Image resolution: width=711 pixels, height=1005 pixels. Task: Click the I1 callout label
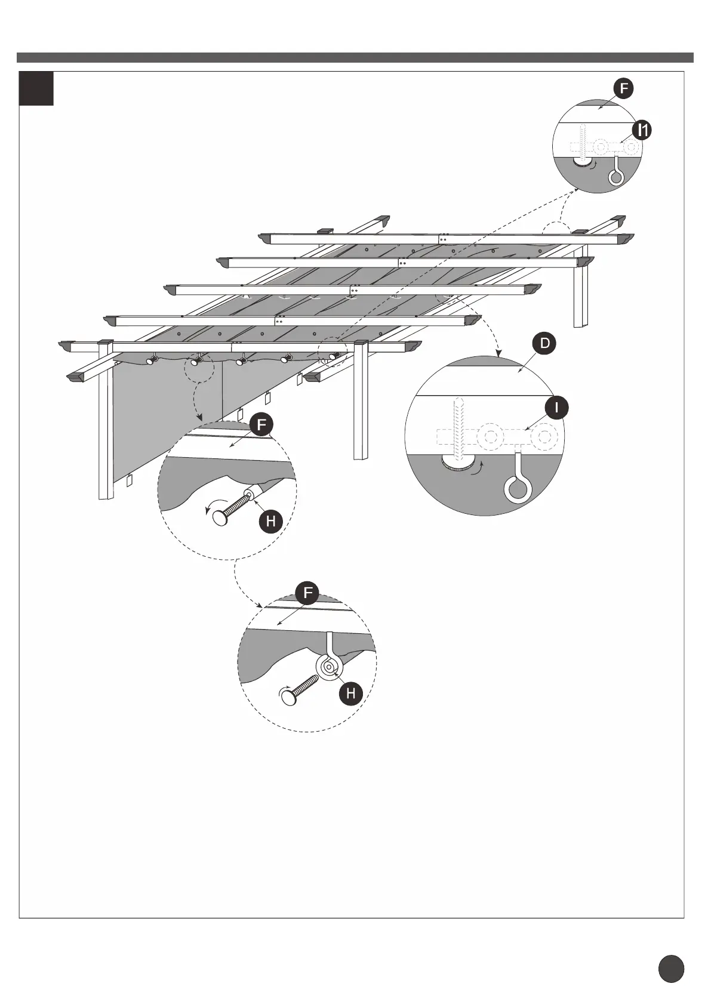(642, 130)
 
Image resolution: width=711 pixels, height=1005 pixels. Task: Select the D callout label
(544, 344)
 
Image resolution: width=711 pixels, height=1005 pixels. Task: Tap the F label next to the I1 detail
(623, 89)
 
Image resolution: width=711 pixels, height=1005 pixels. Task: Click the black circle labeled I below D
(556, 408)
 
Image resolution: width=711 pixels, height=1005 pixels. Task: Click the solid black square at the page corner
(36, 89)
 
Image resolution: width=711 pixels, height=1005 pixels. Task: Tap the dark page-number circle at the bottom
(671, 969)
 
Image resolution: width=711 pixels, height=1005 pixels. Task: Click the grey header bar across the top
(355, 57)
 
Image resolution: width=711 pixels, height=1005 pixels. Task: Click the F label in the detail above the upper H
(261, 426)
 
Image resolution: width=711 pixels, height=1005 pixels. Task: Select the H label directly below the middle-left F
(271, 521)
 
